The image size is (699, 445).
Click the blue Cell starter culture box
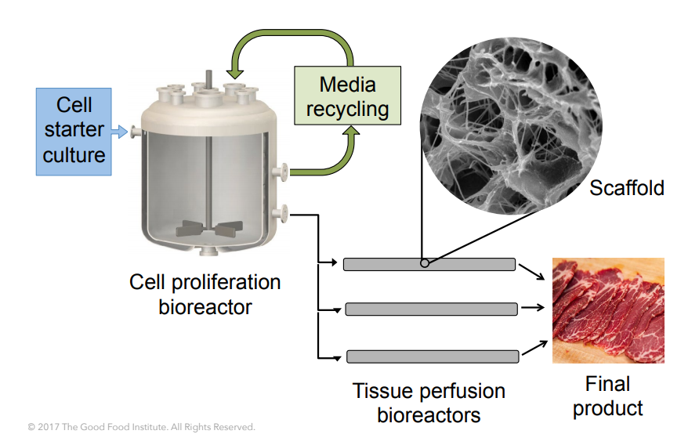click(x=74, y=130)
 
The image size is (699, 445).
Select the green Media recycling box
click(x=346, y=96)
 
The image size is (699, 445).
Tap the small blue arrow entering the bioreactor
click(x=118, y=132)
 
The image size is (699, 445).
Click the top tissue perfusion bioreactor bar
click(x=429, y=264)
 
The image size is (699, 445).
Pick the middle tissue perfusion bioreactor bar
click(x=430, y=309)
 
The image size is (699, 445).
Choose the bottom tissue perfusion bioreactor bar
click(x=432, y=356)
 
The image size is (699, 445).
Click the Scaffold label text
click(x=626, y=188)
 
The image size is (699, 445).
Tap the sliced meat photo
click(x=608, y=309)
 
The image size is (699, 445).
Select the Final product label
click(x=607, y=396)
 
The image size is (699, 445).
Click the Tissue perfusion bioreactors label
click(x=429, y=402)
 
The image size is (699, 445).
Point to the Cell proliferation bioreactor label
click(x=205, y=293)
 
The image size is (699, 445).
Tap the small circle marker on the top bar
click(x=424, y=264)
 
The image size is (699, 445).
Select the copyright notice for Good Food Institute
click(x=141, y=427)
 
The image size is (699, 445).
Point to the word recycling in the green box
click(x=347, y=108)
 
